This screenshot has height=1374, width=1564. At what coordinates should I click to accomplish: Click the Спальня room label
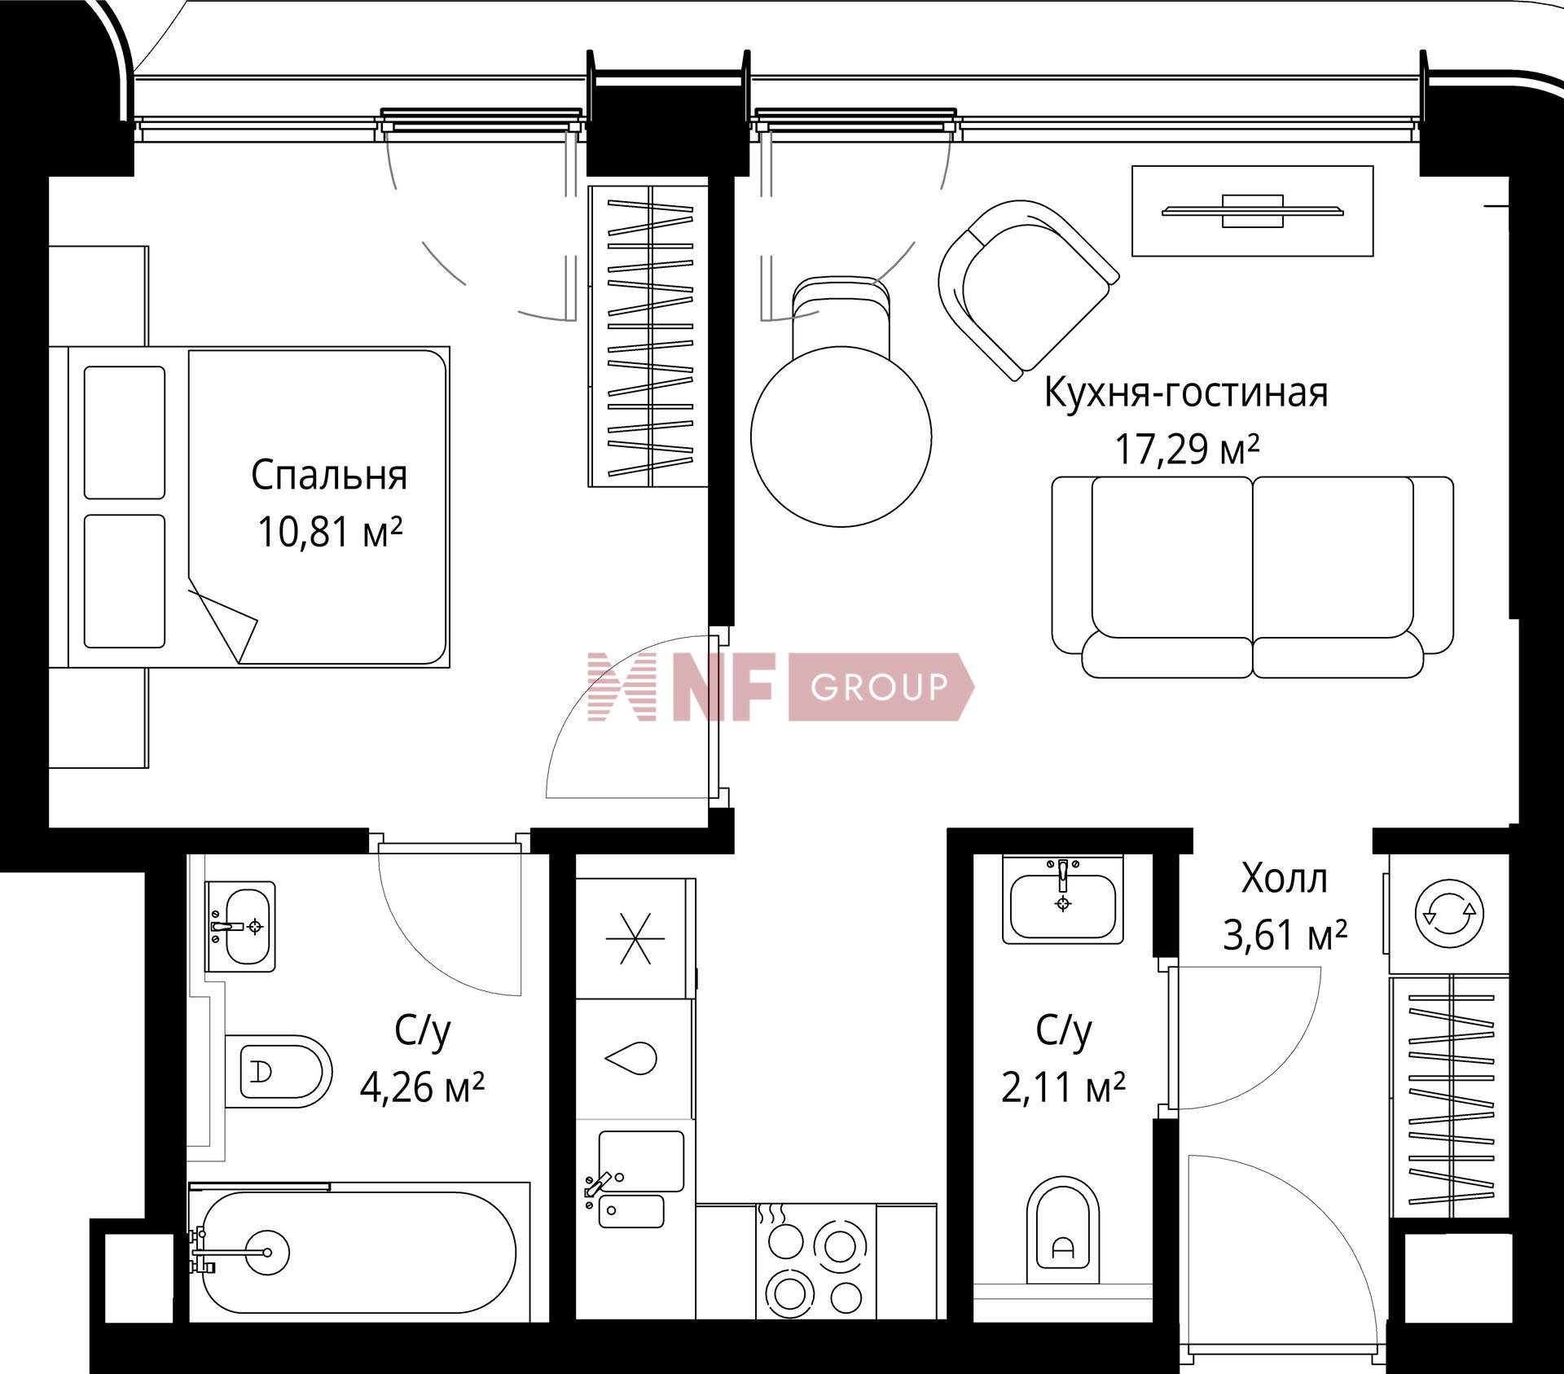[x=329, y=476]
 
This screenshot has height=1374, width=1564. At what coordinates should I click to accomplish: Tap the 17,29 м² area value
[x=1187, y=449]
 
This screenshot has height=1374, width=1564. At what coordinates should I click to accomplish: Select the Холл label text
[x=1284, y=879]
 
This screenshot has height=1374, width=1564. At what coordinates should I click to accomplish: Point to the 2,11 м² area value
[x=1063, y=1088]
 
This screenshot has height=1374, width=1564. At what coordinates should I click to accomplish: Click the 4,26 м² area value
[x=422, y=1087]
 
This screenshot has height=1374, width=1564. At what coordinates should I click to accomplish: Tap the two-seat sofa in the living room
[x=1252, y=577]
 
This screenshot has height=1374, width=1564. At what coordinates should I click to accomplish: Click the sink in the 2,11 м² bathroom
[x=1062, y=899]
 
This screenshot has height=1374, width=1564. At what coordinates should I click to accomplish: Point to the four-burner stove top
[x=815, y=1261]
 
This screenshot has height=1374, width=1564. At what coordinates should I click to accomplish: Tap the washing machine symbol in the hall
[x=1449, y=914]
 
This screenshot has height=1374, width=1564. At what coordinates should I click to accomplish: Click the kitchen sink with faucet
[x=635, y=1179]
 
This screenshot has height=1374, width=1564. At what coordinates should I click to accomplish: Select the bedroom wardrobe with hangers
[x=648, y=336]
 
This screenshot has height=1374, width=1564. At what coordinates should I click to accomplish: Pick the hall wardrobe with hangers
[x=1450, y=1098]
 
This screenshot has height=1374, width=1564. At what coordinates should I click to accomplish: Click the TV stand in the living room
[x=1253, y=211]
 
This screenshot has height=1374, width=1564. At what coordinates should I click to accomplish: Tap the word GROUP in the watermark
[x=879, y=687]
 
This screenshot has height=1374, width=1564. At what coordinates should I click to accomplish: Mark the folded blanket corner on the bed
[x=224, y=618]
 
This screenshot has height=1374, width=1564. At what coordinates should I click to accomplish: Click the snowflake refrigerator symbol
[x=635, y=938]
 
